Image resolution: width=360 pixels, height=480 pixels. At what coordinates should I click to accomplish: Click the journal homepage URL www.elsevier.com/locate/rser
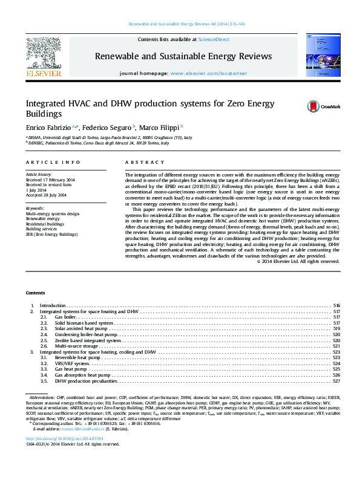200,73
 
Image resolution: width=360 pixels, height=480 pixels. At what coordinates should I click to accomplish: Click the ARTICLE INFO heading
53,163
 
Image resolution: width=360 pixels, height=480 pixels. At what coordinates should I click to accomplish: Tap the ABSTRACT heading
145,163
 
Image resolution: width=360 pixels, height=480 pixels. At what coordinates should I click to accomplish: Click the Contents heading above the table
34,291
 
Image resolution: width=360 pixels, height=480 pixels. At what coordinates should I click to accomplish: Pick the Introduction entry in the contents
53,306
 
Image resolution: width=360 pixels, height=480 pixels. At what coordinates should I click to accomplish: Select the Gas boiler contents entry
65,317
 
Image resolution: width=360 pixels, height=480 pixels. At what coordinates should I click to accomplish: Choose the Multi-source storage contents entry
77,346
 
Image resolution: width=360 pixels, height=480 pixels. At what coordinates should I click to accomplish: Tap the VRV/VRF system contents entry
72,363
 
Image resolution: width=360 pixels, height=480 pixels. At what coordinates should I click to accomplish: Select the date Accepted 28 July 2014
46,195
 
